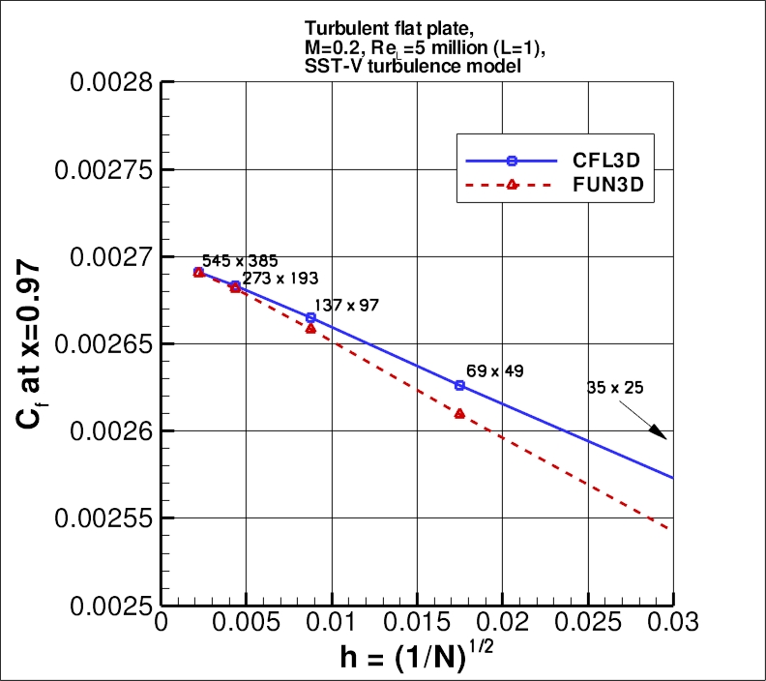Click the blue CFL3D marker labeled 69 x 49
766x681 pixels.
coord(459,385)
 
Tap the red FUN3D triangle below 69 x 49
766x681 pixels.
coord(459,413)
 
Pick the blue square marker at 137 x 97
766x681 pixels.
coord(310,317)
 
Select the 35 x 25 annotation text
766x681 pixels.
coord(615,387)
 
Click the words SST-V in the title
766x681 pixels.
coord(322,64)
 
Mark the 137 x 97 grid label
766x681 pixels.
coord(346,306)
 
